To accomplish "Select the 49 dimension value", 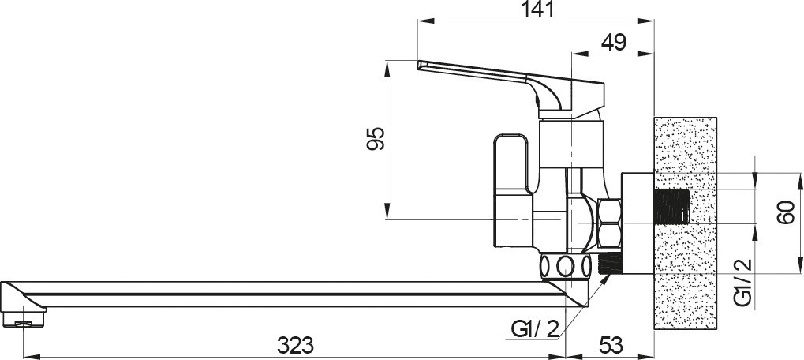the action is (614, 42).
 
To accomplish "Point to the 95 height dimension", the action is (376, 138).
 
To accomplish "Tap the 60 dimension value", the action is (786, 212).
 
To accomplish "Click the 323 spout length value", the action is (295, 346).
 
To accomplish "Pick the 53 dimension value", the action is (611, 346).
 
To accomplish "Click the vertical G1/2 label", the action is (742, 283).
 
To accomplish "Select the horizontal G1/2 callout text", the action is (535, 328).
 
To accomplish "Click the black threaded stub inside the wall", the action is (671, 207).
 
